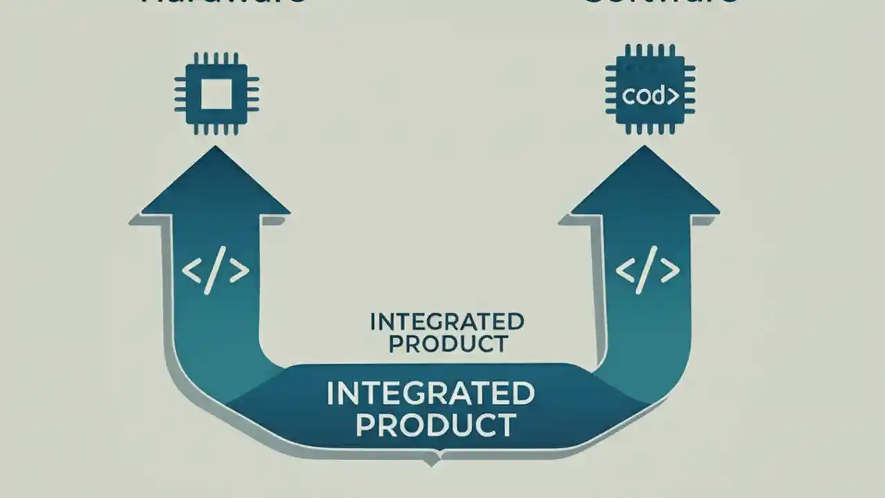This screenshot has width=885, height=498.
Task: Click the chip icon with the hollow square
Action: pyautogui.click(x=216, y=92)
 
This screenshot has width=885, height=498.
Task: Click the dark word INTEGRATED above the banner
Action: pyautogui.click(x=447, y=322)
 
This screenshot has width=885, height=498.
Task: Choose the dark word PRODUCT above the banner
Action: pyautogui.click(x=448, y=343)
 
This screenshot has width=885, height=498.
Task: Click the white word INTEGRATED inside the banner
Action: pyautogui.click(x=430, y=394)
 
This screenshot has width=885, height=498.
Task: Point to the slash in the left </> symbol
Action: pyautogui.click(x=215, y=273)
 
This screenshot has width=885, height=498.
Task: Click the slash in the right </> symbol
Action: pyautogui.click(x=647, y=273)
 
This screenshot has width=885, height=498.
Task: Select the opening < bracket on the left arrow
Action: pyautogui.click(x=192, y=272)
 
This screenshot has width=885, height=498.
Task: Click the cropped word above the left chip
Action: pyautogui.click(x=223, y=2)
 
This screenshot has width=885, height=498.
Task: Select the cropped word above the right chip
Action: pyautogui.click(x=660, y=2)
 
